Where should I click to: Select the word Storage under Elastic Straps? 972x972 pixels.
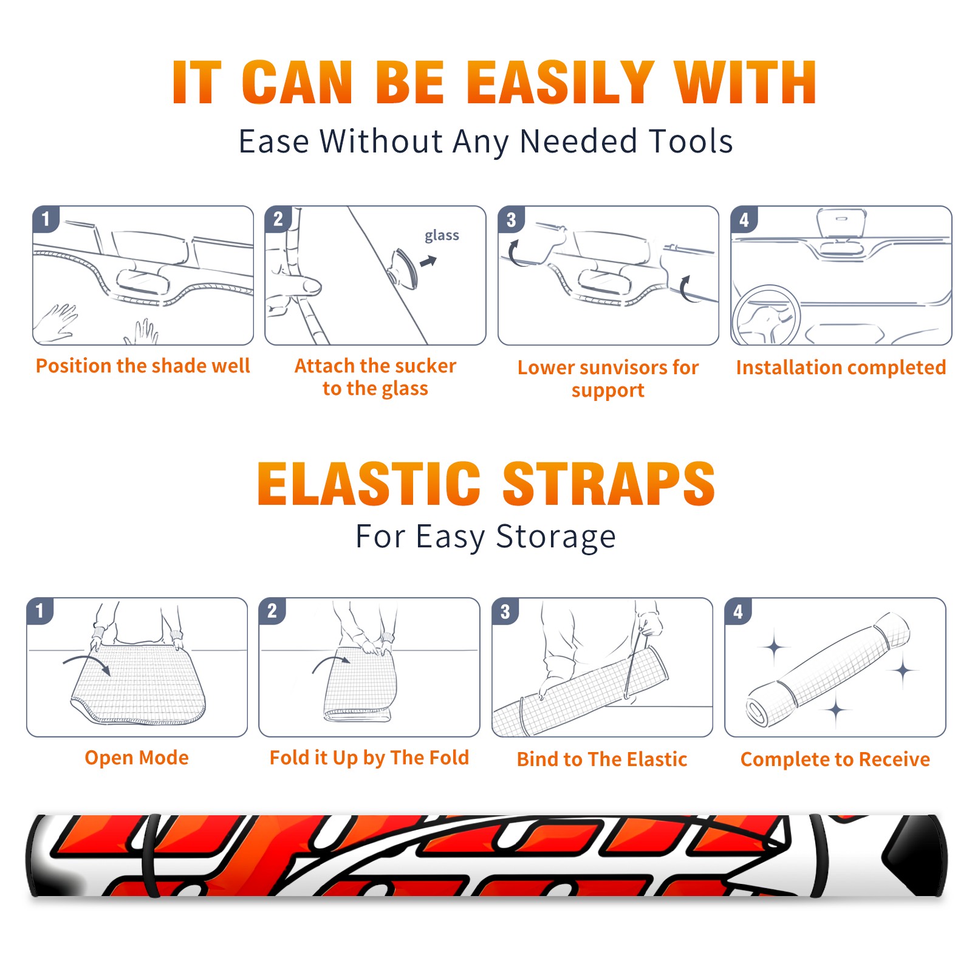click(x=556, y=537)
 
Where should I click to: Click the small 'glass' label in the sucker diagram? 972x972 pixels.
click(x=442, y=236)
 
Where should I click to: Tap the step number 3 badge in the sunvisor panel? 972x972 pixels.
click(x=511, y=220)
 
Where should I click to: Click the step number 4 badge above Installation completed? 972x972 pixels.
click(x=744, y=220)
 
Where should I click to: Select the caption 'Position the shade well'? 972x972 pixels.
click(x=143, y=366)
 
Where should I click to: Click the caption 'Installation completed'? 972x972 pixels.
click(x=841, y=368)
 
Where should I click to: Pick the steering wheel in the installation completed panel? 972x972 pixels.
click(x=767, y=315)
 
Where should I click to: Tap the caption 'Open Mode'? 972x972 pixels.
click(x=137, y=758)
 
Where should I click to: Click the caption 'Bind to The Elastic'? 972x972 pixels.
click(x=602, y=759)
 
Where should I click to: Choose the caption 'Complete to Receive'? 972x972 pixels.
click(x=835, y=759)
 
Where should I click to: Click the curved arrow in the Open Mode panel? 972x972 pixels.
click(x=88, y=661)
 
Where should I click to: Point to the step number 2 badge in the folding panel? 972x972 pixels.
click(x=272, y=611)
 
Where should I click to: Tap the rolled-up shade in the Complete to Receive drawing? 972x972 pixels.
click(x=828, y=669)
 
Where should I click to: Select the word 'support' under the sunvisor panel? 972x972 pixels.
click(x=607, y=391)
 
